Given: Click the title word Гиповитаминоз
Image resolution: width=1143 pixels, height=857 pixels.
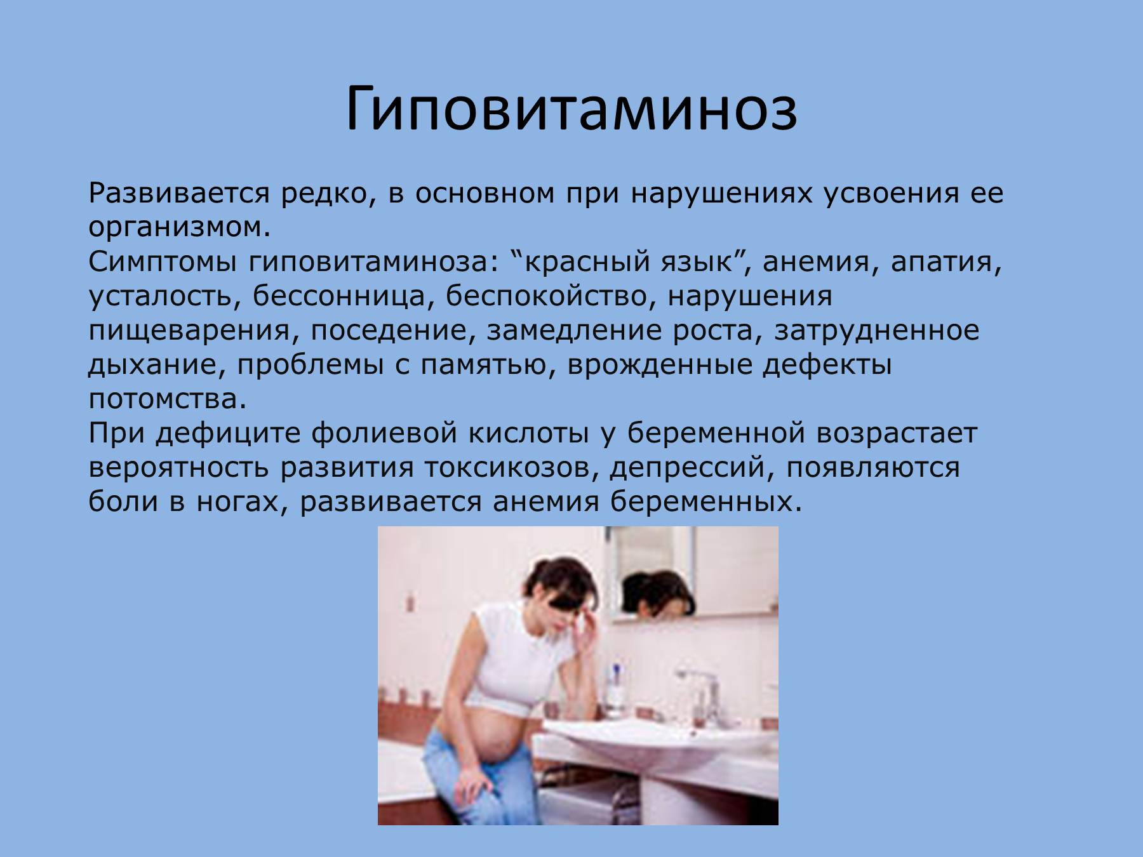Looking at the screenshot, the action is click(571, 109).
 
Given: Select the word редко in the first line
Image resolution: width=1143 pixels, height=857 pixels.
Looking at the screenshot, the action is click(324, 194).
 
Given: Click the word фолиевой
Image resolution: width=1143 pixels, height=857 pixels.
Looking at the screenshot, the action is click(384, 434).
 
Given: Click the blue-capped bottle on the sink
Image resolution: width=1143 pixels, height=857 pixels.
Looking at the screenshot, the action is click(614, 689).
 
